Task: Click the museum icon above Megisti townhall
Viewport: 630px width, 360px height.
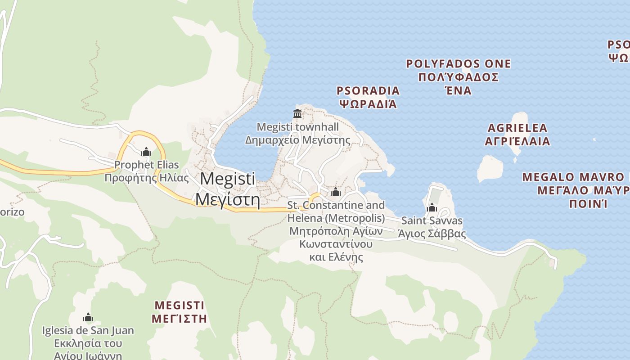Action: point(297,113)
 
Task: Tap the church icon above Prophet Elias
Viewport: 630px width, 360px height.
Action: point(146,152)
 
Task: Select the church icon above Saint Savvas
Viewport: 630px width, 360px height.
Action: point(432,208)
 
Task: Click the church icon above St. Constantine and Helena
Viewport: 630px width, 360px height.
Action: point(336,193)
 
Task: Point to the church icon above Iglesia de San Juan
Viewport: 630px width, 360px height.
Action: point(88,318)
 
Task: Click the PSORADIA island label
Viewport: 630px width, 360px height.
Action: point(368,91)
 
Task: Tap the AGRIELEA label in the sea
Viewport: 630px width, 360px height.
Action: point(517,128)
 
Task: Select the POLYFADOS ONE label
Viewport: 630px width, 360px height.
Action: point(459,64)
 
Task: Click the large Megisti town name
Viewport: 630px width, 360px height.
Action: point(227,179)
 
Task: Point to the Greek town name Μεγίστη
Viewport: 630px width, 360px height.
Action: point(228,198)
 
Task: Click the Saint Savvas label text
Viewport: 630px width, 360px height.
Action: point(432,221)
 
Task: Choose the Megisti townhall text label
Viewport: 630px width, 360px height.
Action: point(297,127)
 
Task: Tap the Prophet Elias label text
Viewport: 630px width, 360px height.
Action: point(146,165)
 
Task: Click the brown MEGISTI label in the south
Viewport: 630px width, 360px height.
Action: point(180,306)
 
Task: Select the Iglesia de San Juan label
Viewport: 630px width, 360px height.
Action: point(88,331)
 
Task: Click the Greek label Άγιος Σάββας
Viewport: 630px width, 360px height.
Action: point(432,234)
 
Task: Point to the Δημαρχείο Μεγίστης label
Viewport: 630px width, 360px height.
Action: point(297,140)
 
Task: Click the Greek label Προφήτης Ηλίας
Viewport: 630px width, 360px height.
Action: point(146,178)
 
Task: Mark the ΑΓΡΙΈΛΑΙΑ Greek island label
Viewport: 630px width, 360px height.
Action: point(517,141)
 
